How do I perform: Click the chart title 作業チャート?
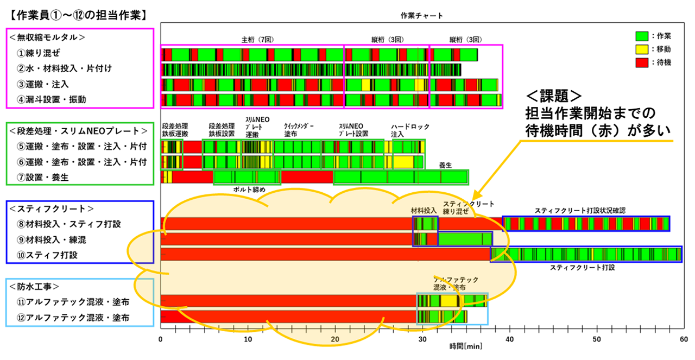[x=421, y=15]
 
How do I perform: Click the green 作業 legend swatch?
[x=642, y=36]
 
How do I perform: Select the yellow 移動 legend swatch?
[x=642, y=49]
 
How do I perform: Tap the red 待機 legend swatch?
[x=642, y=62]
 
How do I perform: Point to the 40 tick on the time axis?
[x=510, y=339]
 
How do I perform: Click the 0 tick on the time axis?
[x=161, y=339]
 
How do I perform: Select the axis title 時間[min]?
[x=465, y=346]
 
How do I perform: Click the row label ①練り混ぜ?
[x=39, y=53]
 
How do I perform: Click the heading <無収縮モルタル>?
[x=47, y=37]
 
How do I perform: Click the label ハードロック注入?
[x=410, y=130]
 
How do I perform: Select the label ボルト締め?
[x=249, y=190]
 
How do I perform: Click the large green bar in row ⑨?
[x=465, y=239]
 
